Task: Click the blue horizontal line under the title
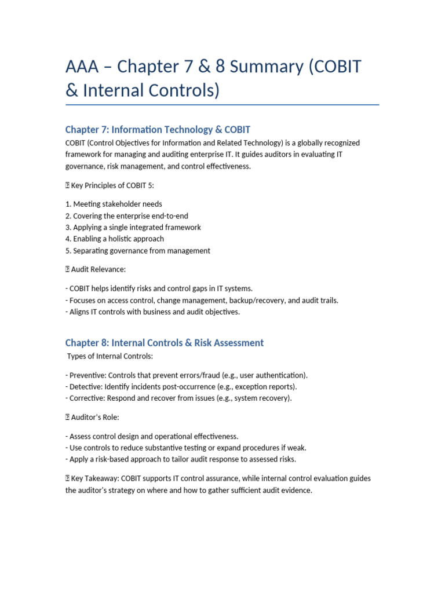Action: [x=222, y=105]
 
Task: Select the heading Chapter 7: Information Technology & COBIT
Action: [x=158, y=129]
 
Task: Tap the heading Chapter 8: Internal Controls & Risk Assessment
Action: [x=164, y=343]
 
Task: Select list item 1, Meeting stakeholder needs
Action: [x=114, y=204]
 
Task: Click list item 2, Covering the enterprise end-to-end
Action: [x=126, y=216]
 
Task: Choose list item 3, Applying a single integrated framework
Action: [x=133, y=228]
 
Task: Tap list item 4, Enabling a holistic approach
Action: [x=114, y=239]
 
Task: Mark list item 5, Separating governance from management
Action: [x=137, y=251]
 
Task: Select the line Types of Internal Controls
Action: [x=110, y=356]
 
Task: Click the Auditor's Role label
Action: [x=94, y=417]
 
